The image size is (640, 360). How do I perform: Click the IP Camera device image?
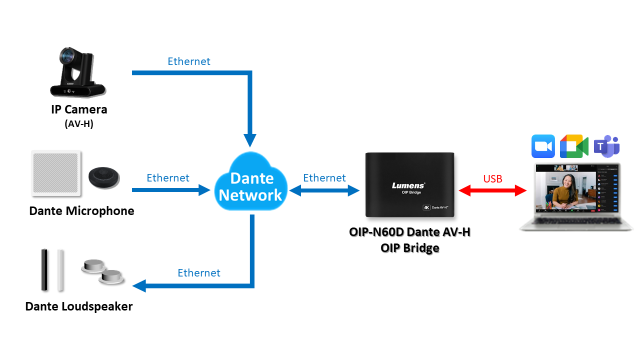click(x=77, y=72)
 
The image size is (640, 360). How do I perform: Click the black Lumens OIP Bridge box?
click(x=410, y=185)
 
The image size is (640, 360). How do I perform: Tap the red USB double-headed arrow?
click(x=493, y=190)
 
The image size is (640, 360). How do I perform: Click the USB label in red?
click(x=492, y=178)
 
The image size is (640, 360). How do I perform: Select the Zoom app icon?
click(x=543, y=146)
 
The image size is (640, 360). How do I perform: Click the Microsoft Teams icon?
click(x=606, y=146)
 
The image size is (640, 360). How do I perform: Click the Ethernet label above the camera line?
click(x=189, y=61)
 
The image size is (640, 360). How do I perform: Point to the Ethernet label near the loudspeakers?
click(x=199, y=273)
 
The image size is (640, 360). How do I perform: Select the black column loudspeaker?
click(x=44, y=269)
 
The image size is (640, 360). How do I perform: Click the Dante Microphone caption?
click(x=82, y=211)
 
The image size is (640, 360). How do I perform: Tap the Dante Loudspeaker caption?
click(x=79, y=306)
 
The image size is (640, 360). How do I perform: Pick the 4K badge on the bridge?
click(x=427, y=207)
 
